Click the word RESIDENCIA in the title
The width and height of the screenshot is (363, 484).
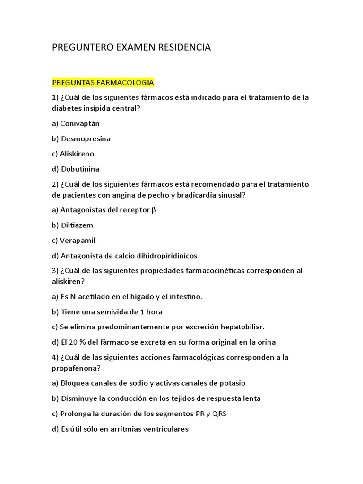click(x=183, y=47)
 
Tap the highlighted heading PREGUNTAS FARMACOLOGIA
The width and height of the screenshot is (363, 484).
click(x=103, y=83)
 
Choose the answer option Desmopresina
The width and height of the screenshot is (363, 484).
click(x=86, y=139)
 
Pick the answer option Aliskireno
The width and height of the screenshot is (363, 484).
click(x=77, y=154)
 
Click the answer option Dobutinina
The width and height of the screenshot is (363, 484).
click(x=80, y=169)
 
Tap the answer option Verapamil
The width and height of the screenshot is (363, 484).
click(x=78, y=241)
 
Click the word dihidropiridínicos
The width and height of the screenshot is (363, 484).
click(x=165, y=256)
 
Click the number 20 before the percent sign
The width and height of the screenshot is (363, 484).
click(x=73, y=342)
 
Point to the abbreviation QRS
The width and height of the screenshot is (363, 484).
click(x=219, y=414)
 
